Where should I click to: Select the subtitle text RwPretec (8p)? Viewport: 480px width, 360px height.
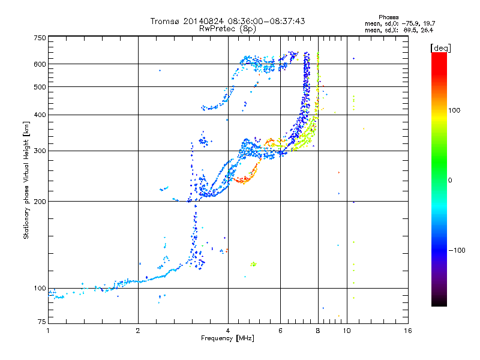pyautogui.click(x=227, y=29)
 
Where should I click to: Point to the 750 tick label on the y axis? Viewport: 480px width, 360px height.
pyautogui.click(x=40, y=38)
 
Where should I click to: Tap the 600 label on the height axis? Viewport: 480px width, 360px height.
pyautogui.click(x=40, y=64)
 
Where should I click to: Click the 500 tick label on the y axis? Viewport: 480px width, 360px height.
pyautogui.click(x=40, y=87)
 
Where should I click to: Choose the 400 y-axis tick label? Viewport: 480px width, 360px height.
pyautogui.click(x=40, y=115)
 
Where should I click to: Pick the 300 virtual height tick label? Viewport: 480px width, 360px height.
pyautogui.click(x=40, y=151)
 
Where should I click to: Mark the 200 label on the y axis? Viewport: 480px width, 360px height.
pyautogui.click(x=40, y=202)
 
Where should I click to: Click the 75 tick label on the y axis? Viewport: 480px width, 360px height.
pyautogui.click(x=42, y=322)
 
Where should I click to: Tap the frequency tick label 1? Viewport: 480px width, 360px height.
pyautogui.click(x=48, y=331)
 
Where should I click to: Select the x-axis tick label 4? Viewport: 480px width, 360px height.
pyautogui.click(x=228, y=331)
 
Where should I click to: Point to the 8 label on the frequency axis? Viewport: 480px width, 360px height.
pyautogui.click(x=318, y=331)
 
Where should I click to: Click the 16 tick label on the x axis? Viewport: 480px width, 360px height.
pyautogui.click(x=408, y=331)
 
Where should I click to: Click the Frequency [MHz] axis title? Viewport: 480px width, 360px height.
pyautogui.click(x=227, y=338)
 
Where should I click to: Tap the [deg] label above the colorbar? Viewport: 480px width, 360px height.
pyautogui.click(x=441, y=48)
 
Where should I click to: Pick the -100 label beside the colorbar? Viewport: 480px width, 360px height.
pyautogui.click(x=457, y=250)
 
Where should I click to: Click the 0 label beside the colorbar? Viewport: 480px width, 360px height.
pyautogui.click(x=450, y=181)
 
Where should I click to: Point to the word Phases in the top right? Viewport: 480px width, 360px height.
pyautogui.click(x=389, y=17)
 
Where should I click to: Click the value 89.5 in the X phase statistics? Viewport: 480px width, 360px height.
pyautogui.click(x=410, y=30)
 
